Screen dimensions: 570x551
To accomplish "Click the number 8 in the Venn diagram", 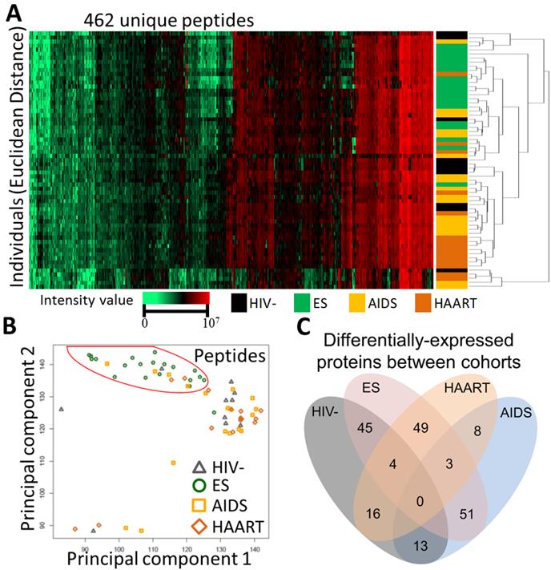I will (479, 430).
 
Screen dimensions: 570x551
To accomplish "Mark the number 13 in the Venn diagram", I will (421, 546).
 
